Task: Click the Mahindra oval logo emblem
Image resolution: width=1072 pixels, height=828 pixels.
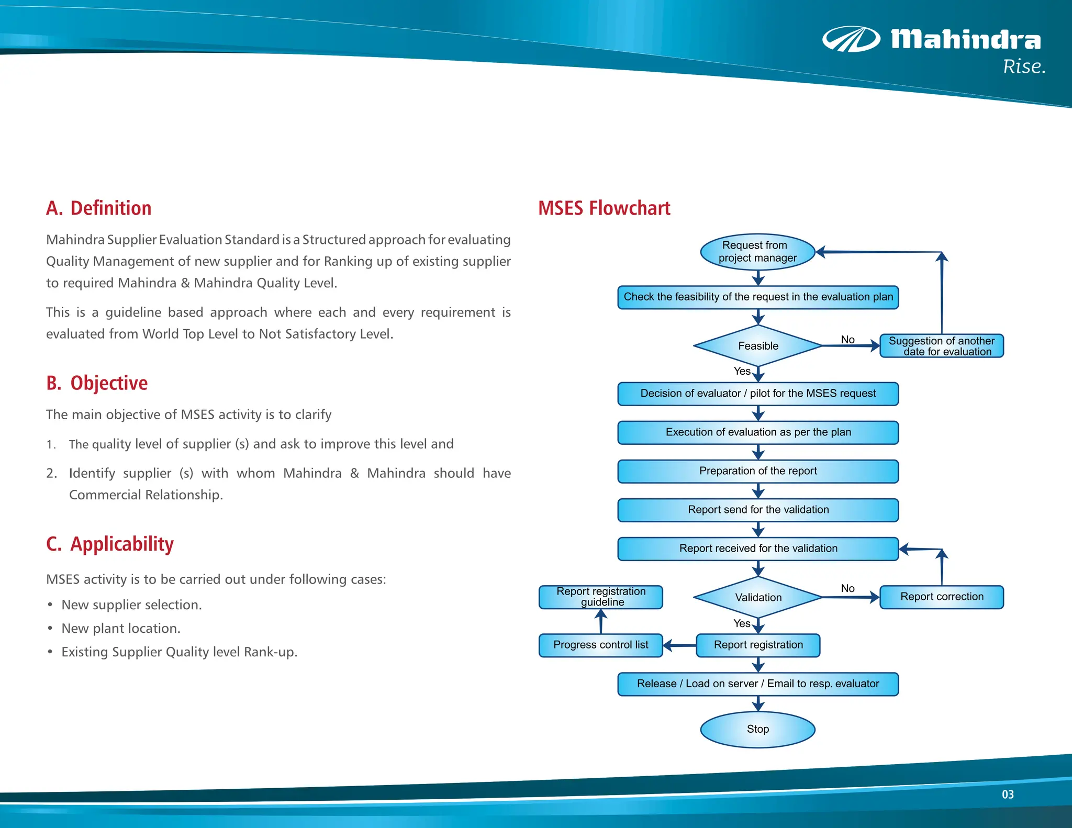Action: pyautogui.click(x=851, y=40)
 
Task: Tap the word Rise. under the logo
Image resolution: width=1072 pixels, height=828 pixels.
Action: pyautogui.click(x=1024, y=67)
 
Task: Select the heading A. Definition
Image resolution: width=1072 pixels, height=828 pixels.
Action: pyautogui.click(x=99, y=208)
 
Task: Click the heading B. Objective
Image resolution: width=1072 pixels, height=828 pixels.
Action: pyautogui.click(x=97, y=383)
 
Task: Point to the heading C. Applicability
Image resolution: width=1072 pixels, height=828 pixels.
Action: pyautogui.click(x=110, y=544)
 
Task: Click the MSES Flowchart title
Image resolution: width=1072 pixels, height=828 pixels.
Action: pyautogui.click(x=604, y=208)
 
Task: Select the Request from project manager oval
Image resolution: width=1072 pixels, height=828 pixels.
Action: pyautogui.click(x=757, y=252)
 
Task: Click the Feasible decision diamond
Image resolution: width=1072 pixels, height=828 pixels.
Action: pyautogui.click(x=757, y=346)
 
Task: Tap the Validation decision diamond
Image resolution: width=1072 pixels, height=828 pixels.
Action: pyautogui.click(x=757, y=597)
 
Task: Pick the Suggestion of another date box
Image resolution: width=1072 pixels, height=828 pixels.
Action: pyautogui.click(x=941, y=346)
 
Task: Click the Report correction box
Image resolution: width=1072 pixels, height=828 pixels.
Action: pyautogui.click(x=941, y=597)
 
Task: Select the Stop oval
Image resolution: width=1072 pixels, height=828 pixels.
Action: pyautogui.click(x=757, y=729)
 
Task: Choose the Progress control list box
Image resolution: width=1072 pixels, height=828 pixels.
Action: pyautogui.click(x=600, y=645)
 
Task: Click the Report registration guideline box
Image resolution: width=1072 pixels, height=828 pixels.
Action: pyautogui.click(x=600, y=597)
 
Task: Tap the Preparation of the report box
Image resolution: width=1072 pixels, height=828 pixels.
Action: pyautogui.click(x=757, y=471)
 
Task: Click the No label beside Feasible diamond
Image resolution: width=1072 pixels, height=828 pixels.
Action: pyautogui.click(x=847, y=340)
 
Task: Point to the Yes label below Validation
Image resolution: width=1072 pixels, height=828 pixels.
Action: pyautogui.click(x=742, y=623)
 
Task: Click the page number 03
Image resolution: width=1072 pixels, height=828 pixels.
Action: pyautogui.click(x=1008, y=795)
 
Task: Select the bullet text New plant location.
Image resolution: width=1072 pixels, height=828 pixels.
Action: pyautogui.click(x=121, y=629)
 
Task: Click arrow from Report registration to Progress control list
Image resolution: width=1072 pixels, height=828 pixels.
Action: pyautogui.click(x=679, y=645)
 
